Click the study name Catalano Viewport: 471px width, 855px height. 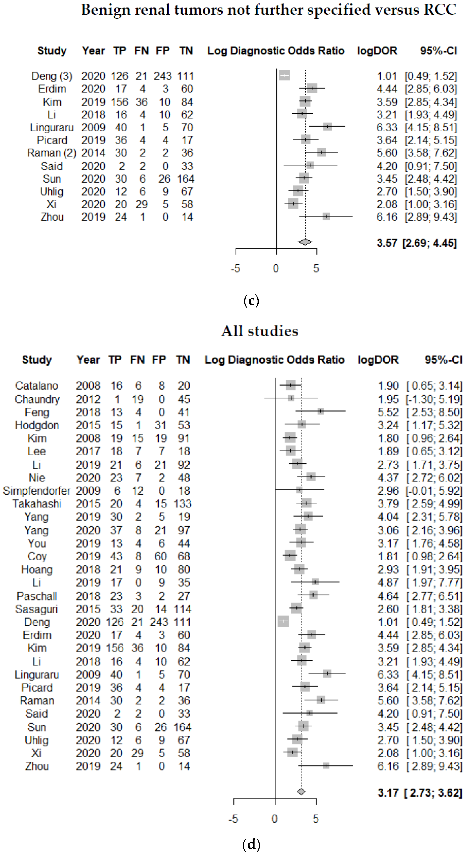(37, 386)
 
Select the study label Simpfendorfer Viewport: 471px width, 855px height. (37, 491)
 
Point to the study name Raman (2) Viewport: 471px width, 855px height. (52, 153)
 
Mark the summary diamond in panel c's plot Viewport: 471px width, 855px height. (305, 242)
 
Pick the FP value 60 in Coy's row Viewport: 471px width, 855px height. (161, 556)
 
